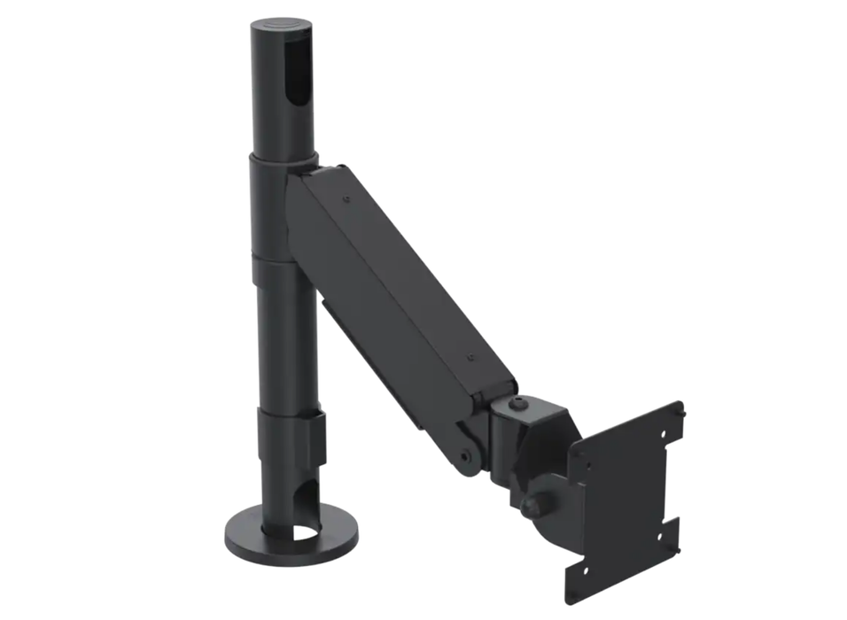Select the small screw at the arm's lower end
470,360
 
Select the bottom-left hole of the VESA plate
585,567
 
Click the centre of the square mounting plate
626,500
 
